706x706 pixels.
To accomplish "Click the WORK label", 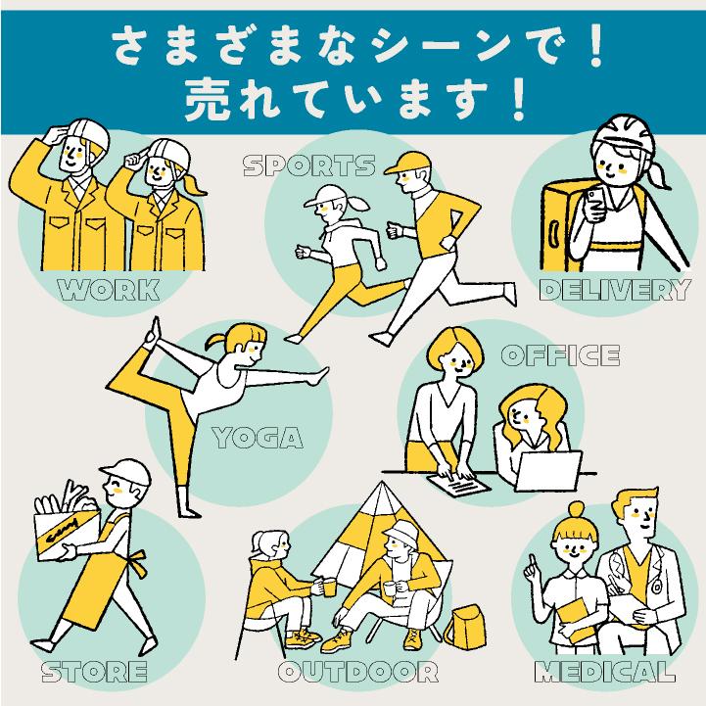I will pyautogui.click(x=108, y=289).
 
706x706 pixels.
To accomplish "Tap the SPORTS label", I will pyautogui.click(x=308, y=165).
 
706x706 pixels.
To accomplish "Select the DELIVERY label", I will pyautogui.click(x=615, y=289).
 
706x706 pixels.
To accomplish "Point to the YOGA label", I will pyautogui.click(x=258, y=436).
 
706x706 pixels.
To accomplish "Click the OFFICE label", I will pyautogui.click(x=560, y=354).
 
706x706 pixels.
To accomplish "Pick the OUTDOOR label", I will pyautogui.click(x=356, y=672).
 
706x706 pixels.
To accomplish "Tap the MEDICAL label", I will pyautogui.click(x=604, y=672).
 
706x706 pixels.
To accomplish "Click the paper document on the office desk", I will pyautogui.click(x=458, y=483).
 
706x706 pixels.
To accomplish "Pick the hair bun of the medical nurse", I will pyautogui.click(x=576, y=510).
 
